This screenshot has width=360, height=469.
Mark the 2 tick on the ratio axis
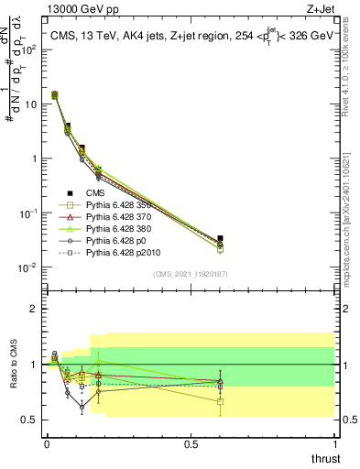(x=34, y=309)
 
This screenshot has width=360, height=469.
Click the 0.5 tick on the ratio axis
(x=31, y=420)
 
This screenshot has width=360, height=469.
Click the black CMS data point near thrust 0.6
(x=220, y=238)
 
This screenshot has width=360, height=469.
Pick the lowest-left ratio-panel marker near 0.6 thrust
(x=220, y=401)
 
